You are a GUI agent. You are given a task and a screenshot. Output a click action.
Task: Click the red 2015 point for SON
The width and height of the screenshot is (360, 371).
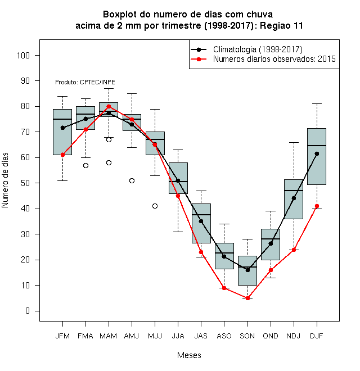[x=247, y=298]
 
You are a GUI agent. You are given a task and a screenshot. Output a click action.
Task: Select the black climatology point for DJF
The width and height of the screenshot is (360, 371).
[x=317, y=154]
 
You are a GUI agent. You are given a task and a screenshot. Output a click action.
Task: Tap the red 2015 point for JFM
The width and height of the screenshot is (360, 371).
[x=62, y=155]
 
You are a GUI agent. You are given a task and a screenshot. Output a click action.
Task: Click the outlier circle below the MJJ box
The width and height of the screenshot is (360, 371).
[x=155, y=206]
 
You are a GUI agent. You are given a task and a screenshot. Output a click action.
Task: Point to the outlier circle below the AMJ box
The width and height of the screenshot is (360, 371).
[x=132, y=181]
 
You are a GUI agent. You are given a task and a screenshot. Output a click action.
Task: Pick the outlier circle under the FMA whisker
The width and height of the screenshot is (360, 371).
[x=85, y=166]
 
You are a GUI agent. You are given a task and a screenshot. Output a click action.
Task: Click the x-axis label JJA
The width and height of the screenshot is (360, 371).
[x=178, y=336]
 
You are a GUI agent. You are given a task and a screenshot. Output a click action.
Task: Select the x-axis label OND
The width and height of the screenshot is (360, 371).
[x=271, y=336]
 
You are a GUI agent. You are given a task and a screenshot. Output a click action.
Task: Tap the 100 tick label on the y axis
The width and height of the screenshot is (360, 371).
[x=23, y=56]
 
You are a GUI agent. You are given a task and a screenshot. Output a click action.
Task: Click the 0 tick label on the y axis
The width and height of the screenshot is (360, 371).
[x=28, y=311]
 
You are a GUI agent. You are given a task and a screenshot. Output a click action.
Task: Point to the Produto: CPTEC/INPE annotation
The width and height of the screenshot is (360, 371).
[x=85, y=82]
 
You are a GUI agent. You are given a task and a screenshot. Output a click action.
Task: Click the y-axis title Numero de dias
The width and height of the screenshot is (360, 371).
[x=5, y=180]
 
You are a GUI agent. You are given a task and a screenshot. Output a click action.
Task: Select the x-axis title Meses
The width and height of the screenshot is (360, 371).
[x=189, y=355]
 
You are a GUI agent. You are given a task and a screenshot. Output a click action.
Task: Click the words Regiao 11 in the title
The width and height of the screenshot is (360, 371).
[x=281, y=25]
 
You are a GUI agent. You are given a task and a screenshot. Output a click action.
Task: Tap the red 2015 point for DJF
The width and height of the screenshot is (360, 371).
[x=317, y=206]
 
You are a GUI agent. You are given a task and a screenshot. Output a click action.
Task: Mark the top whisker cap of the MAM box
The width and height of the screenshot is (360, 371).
[x=109, y=88]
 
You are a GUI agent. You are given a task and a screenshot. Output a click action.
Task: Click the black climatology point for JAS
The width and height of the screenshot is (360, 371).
[x=201, y=221]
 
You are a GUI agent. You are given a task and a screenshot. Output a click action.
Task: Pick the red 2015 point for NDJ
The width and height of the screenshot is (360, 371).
[x=294, y=250]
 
